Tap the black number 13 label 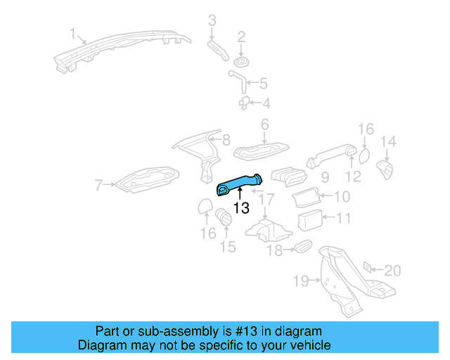coord(241,208)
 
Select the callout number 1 coord(73,33)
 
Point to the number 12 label coord(353,176)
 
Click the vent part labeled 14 coord(386,169)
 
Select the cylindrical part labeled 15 coord(224,216)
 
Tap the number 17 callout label coord(265,199)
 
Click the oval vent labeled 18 coord(302,247)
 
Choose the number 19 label coord(301,281)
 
